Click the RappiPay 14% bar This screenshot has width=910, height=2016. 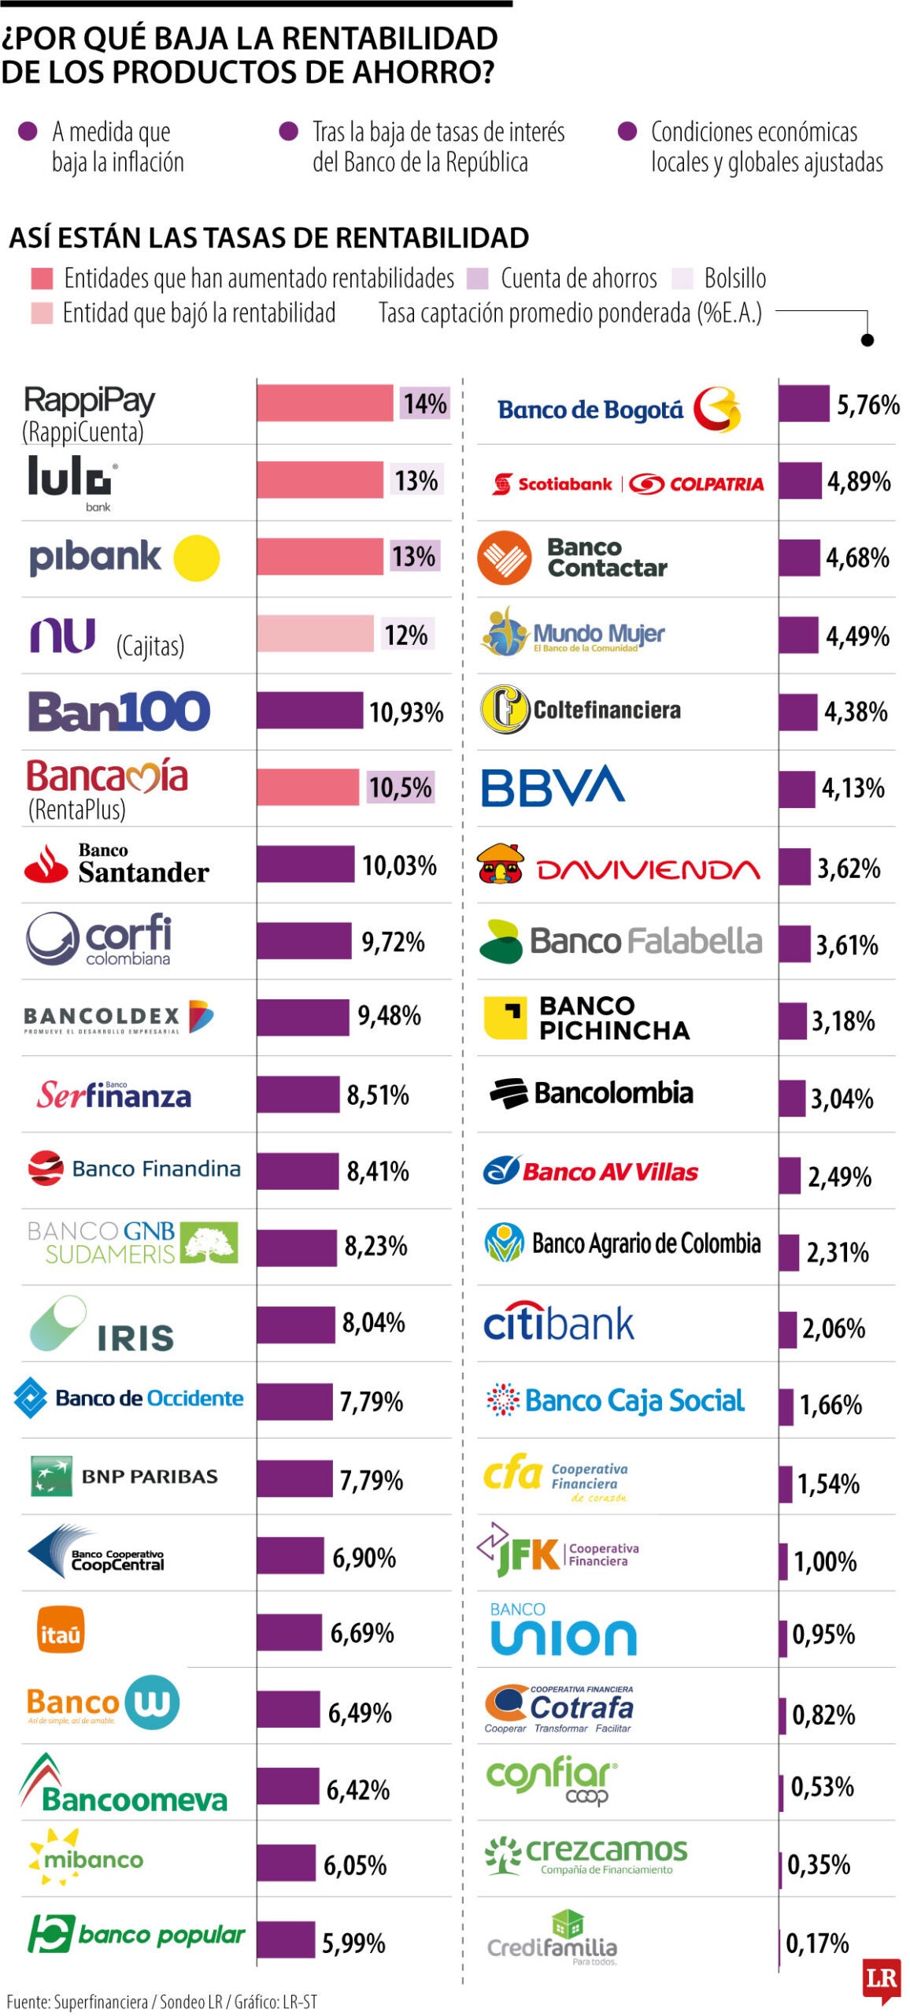324,403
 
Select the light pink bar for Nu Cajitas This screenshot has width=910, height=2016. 315,634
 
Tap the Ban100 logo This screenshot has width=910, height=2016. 119,711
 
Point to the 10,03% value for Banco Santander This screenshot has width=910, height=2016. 399,865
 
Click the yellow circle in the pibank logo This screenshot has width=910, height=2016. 196,558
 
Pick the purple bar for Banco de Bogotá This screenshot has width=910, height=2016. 804,404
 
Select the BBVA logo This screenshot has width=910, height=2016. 553,786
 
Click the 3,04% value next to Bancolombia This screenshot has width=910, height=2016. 842,1098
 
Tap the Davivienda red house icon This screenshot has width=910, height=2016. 501,864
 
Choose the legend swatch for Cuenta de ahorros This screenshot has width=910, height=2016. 477,278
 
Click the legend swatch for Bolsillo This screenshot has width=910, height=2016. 682,278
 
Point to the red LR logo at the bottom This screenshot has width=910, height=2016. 882,1978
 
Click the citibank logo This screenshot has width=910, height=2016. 558,1324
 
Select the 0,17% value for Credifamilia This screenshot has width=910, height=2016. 817,1943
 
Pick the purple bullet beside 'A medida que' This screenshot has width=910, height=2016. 28,132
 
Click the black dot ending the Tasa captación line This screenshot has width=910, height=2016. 867,340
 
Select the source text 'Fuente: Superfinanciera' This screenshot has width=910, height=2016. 77,2001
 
